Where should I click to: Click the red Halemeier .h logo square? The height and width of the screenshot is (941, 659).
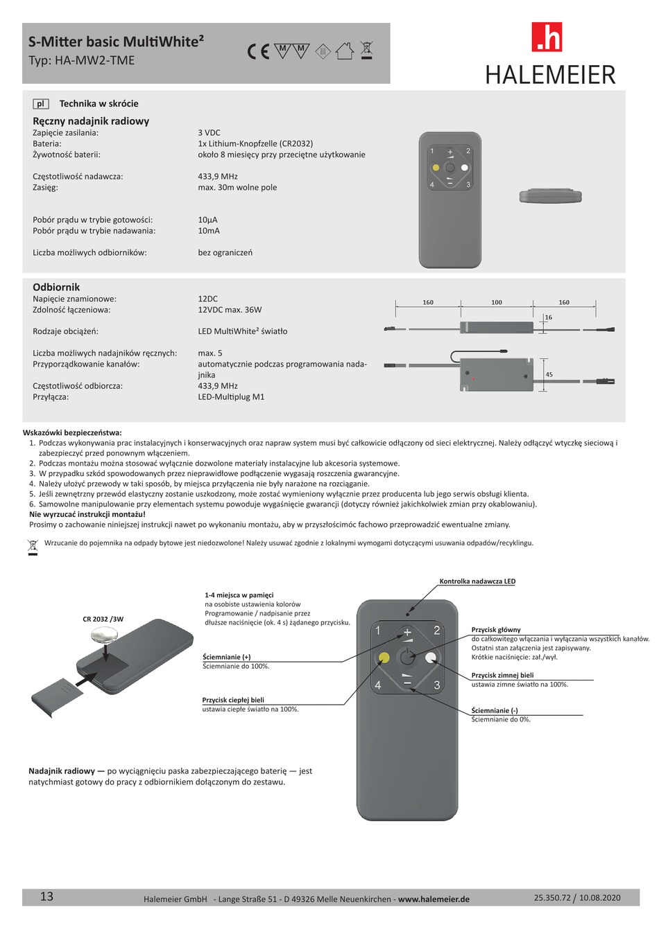(x=547, y=37)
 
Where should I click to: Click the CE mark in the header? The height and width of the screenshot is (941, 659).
(x=258, y=51)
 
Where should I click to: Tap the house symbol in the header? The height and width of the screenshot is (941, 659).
(x=345, y=51)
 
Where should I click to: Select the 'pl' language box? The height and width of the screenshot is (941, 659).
(x=40, y=104)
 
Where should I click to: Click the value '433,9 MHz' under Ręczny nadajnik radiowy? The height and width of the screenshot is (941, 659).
(x=218, y=177)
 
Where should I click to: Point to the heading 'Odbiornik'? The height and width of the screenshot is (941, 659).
(x=56, y=287)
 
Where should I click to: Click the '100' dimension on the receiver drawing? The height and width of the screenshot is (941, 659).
(x=496, y=302)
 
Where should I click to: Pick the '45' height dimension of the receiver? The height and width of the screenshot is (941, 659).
(x=549, y=375)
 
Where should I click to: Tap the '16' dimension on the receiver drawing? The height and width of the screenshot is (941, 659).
(x=548, y=317)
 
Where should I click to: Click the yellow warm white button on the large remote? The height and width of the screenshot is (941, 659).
(x=383, y=658)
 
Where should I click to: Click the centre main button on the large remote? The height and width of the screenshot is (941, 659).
(x=406, y=658)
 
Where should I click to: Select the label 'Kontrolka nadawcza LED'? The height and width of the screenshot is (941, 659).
(x=477, y=581)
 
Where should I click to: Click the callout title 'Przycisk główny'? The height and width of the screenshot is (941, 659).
(x=496, y=630)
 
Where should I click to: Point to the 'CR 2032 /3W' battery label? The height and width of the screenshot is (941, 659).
(x=103, y=619)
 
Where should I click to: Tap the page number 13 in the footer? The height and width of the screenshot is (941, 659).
(x=46, y=897)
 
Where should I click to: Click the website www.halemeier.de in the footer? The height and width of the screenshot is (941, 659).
(x=434, y=899)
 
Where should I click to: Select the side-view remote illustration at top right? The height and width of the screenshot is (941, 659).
(x=550, y=196)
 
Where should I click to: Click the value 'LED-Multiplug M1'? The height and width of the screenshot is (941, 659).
(x=231, y=397)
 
